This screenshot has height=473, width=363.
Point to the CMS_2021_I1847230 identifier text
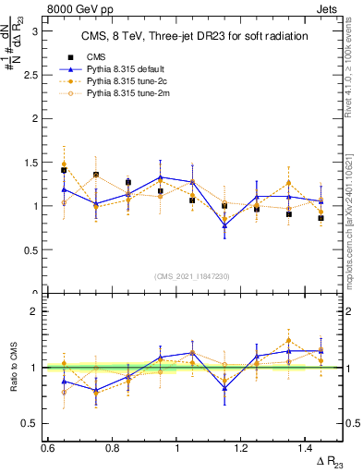tap(193, 276)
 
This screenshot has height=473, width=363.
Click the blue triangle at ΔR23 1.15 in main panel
tap(224, 224)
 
